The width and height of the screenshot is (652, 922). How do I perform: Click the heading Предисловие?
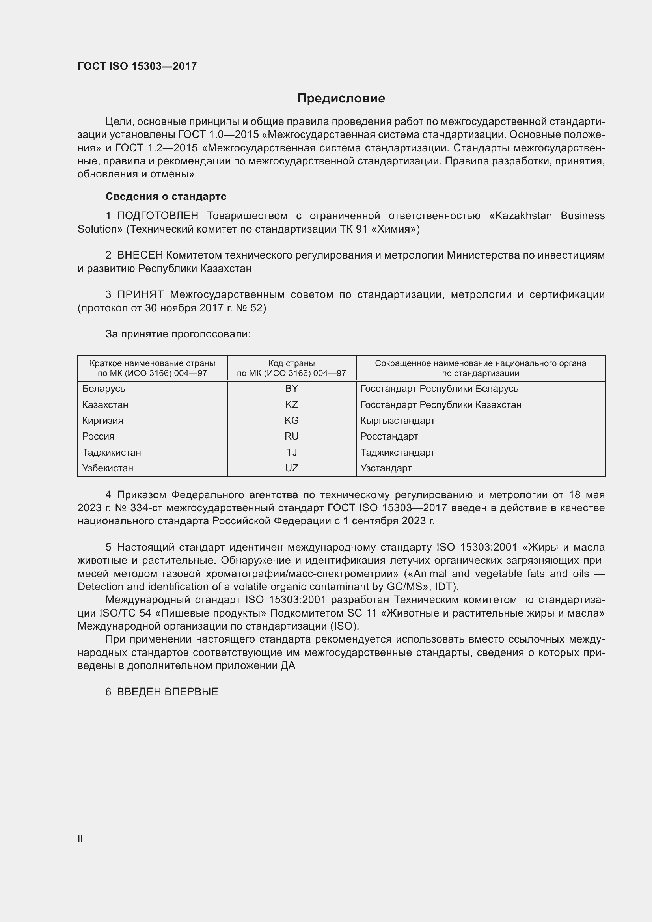[x=341, y=99]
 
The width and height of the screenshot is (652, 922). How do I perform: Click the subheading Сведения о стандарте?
[x=166, y=196]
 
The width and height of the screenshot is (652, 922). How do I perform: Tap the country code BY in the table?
[x=291, y=388]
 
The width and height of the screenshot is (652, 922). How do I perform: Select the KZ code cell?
[x=291, y=404]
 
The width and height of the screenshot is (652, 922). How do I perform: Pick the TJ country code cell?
[x=291, y=452]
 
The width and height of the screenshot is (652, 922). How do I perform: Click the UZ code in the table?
[x=291, y=468]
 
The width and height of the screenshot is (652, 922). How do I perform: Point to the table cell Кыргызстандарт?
[x=397, y=421]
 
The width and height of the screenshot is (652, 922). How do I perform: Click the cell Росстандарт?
[x=389, y=436]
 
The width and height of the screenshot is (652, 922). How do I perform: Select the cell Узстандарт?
[x=386, y=468]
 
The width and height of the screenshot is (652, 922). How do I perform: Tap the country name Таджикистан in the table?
[x=112, y=452]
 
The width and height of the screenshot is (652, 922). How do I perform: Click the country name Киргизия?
[x=103, y=421]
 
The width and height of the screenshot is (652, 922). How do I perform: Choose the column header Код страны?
[x=291, y=363]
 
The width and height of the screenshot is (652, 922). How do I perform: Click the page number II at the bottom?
[x=80, y=838]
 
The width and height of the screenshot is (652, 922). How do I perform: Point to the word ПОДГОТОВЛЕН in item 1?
[x=157, y=216]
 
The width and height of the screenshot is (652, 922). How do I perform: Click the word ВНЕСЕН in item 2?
[x=140, y=255]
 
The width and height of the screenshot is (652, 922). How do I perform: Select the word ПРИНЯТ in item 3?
[x=140, y=294]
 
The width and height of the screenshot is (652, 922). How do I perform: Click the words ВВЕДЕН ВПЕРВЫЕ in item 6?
[x=168, y=691]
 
